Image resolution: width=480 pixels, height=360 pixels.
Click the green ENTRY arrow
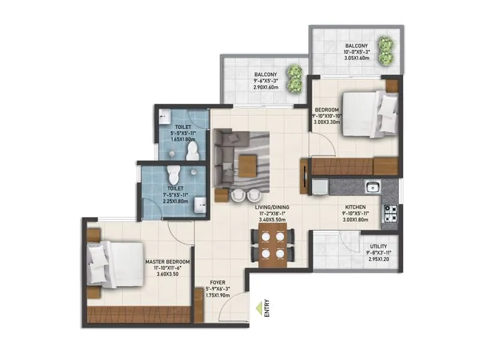tap(259, 308)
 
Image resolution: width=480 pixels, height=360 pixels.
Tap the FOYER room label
tap(217, 282)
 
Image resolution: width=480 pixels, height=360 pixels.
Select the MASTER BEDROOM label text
tap(167, 262)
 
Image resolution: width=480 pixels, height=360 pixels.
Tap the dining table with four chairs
tap(274, 245)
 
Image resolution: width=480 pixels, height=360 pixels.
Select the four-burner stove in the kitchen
tap(389, 211)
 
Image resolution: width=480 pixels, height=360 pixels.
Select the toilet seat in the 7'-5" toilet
tap(173, 175)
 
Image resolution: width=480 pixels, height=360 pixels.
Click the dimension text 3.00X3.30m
tap(327, 122)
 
